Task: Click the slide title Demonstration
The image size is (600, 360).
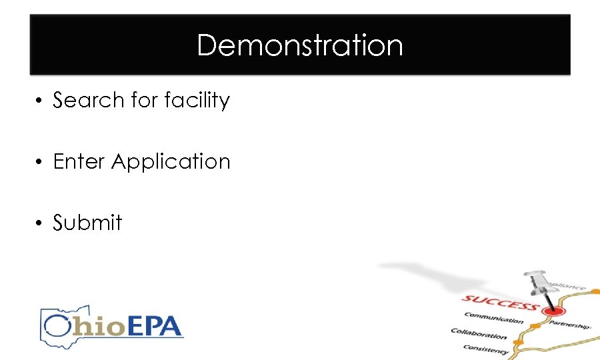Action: [x=300, y=45]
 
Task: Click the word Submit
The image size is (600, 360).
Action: [x=87, y=222]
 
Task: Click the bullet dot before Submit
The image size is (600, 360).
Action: [x=40, y=223]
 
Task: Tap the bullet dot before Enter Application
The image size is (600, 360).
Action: [x=40, y=162]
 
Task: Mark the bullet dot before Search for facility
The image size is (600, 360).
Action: [x=40, y=101]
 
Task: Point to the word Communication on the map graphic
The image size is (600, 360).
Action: [x=494, y=319]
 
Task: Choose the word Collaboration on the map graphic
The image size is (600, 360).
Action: [x=479, y=334]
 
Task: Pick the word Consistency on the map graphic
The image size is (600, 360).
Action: [x=486, y=347]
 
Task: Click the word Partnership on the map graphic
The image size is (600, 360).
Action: [x=570, y=324]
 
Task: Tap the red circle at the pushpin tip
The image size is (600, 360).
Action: [x=550, y=311]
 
